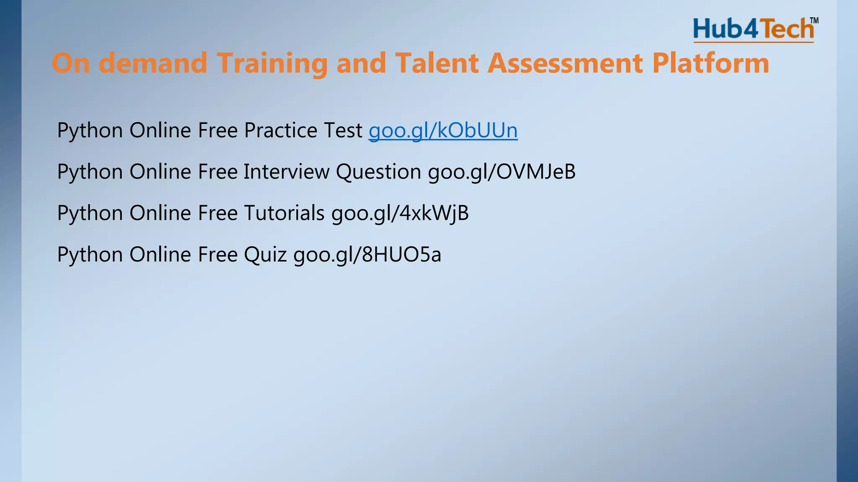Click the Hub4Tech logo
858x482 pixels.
[753, 29]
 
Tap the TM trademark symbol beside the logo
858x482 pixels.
[814, 21]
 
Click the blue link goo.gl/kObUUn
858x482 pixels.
[443, 130]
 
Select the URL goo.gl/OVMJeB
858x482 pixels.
[501, 172]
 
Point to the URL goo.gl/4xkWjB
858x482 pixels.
[400, 213]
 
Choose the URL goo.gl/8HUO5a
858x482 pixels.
[367, 254]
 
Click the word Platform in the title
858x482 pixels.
[711, 63]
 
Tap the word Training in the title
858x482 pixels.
[272, 63]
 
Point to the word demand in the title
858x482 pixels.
[153, 63]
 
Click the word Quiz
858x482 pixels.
[265, 254]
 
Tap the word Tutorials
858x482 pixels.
[284, 213]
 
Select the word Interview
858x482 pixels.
[286, 172]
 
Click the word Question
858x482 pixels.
[378, 172]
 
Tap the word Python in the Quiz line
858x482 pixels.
[90, 254]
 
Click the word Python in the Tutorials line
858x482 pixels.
[90, 213]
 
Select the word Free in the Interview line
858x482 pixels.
[217, 172]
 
